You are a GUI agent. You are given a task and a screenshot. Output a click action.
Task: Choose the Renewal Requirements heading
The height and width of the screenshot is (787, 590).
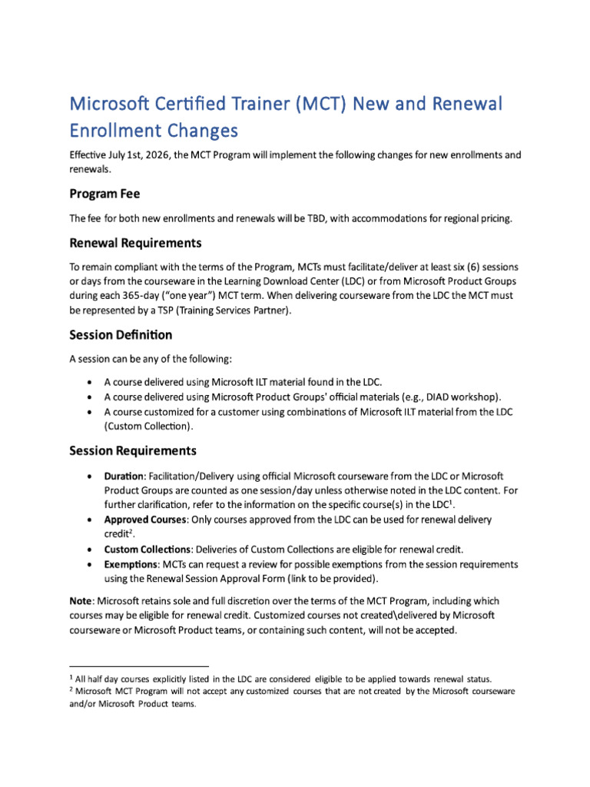coord(135,243)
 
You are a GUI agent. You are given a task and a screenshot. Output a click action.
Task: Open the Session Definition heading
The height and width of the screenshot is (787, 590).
coord(121,334)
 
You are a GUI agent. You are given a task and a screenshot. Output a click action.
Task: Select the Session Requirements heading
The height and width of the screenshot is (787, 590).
coord(132,450)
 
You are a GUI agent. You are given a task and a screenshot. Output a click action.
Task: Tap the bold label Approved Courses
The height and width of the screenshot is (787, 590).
coord(145,520)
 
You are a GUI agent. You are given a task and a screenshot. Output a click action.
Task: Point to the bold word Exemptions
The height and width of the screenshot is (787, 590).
coord(132,564)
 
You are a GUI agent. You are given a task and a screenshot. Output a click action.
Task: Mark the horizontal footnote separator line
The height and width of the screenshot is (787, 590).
coord(139,666)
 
